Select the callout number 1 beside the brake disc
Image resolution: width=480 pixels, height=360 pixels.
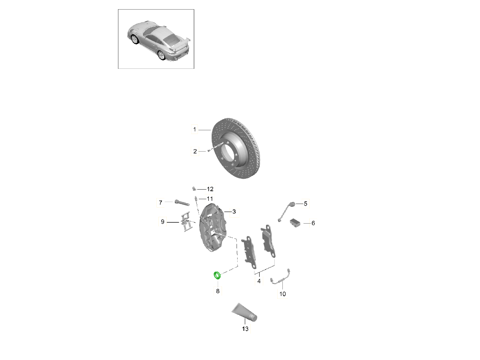(x=194, y=129)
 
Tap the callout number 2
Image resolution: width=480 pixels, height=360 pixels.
(x=195, y=151)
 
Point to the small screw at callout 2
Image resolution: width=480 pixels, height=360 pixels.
(x=209, y=151)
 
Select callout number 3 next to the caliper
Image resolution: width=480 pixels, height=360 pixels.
(x=234, y=212)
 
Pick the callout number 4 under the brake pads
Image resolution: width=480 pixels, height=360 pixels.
(x=259, y=281)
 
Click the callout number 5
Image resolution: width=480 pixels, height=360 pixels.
(x=306, y=204)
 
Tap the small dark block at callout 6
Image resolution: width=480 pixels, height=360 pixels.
(x=295, y=223)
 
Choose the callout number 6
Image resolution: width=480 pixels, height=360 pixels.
(x=313, y=223)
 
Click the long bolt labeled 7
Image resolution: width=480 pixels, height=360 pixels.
(x=182, y=203)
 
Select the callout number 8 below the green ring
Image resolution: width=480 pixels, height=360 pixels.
(x=218, y=291)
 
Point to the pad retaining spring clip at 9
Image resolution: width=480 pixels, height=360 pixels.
(x=186, y=222)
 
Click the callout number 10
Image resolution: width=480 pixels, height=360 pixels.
(x=282, y=294)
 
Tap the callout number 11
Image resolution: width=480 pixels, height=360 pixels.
(x=210, y=199)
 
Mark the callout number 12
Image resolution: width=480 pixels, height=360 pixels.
(x=210, y=189)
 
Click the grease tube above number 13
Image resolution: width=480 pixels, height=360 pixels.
(x=244, y=312)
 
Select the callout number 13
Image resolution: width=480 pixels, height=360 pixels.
(x=245, y=329)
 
